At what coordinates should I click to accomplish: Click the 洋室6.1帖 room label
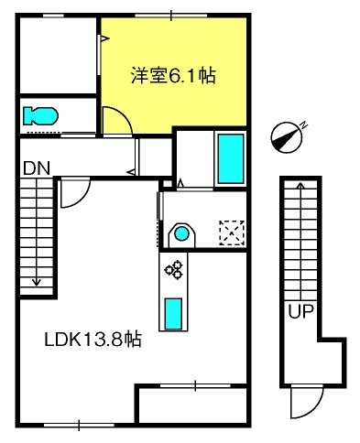tap(173, 75)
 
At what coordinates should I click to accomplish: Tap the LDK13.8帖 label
tap(93, 339)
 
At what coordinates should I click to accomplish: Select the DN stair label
tap(37, 168)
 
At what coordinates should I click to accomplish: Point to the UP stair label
tap(301, 311)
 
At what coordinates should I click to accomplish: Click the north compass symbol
tap(287, 137)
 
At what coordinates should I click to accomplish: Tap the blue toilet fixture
tap(40, 116)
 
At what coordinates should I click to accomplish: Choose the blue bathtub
tap(231, 158)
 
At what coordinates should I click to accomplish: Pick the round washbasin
tap(182, 234)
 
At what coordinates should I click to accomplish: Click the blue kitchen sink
tap(173, 314)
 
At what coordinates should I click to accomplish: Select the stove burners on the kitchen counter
tap(174, 270)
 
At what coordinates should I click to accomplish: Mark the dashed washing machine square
tap(232, 233)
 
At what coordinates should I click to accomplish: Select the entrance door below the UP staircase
tap(306, 402)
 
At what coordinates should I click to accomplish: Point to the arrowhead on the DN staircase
tap(37, 283)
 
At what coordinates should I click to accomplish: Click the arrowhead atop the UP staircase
tap(301, 185)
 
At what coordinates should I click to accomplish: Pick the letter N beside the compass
tap(303, 124)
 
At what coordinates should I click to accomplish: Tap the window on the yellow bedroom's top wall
tap(171, 16)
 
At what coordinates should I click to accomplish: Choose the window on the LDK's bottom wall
tap(79, 425)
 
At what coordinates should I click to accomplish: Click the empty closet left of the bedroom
tap(58, 55)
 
